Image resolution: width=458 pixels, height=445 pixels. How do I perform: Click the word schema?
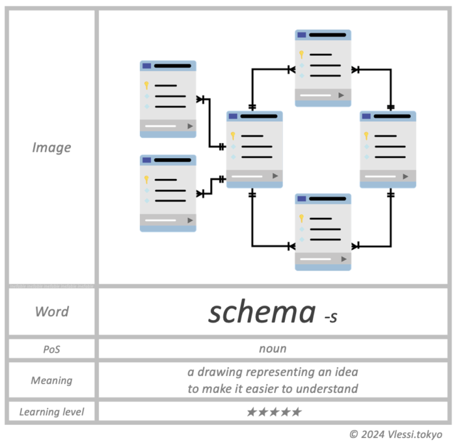tap(262, 312)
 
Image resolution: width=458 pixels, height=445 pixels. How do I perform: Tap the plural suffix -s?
tap(330, 317)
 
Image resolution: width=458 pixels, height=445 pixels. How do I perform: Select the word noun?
tap(273, 349)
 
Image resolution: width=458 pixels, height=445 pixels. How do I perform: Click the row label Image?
tap(51, 148)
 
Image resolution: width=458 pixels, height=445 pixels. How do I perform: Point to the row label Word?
tap(51, 312)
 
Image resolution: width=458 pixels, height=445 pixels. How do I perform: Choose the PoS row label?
tap(51, 349)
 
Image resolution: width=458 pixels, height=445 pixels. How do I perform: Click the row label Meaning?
tap(51, 380)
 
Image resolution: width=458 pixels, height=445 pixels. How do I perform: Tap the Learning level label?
tap(51, 412)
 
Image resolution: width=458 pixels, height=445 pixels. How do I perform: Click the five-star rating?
tap(274, 412)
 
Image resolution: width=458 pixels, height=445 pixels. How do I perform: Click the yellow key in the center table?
tap(234, 136)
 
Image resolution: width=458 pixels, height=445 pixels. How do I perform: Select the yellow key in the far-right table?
tap(367, 136)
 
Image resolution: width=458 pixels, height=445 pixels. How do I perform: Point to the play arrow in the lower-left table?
tap(190, 221)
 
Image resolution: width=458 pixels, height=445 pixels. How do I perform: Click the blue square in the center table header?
tap(232, 116)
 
